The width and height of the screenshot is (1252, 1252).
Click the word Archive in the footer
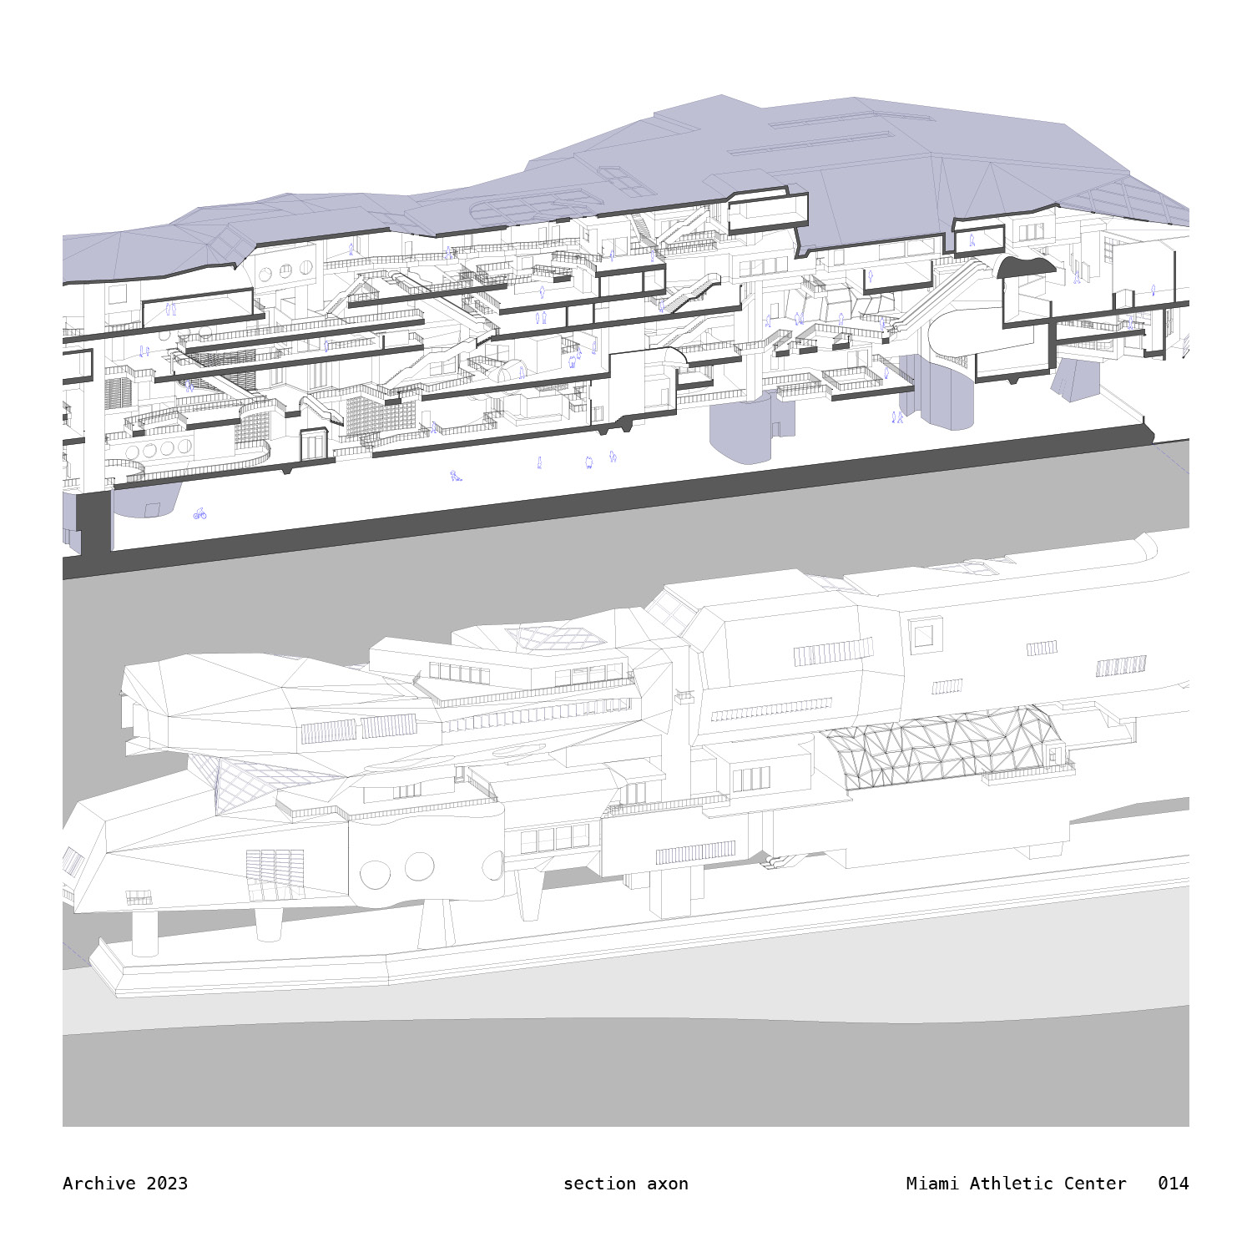coord(98,1184)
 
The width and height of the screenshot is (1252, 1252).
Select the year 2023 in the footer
coord(167,1184)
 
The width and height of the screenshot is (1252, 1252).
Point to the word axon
coord(668,1184)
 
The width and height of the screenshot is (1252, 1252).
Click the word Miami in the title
coord(932,1184)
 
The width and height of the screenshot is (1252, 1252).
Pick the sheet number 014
coord(1173,1184)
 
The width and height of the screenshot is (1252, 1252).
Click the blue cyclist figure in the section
coord(199,514)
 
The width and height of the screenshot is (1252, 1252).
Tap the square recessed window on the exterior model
coord(924,636)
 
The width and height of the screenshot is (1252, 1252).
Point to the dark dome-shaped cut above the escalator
coord(1026,266)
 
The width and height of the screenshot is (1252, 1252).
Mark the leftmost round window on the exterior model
coord(375,875)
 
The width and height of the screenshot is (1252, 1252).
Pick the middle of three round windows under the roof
coord(286,270)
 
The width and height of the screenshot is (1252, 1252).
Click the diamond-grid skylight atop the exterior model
coord(556,639)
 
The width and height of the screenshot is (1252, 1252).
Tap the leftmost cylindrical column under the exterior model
coord(145,933)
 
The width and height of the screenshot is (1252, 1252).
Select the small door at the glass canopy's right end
coord(1053,757)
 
